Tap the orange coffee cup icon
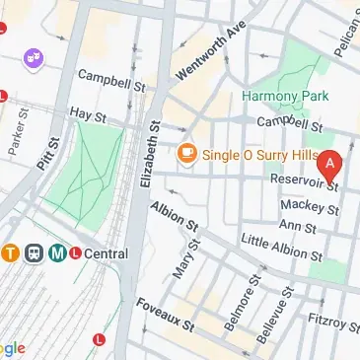point(184,154)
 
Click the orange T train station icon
point(8,253)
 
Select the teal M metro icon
point(57,253)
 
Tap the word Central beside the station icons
point(106,253)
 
